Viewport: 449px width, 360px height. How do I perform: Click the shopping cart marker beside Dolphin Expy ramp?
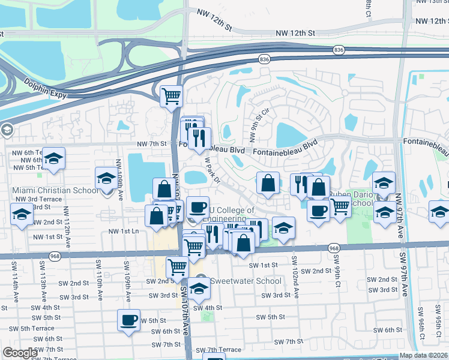171,95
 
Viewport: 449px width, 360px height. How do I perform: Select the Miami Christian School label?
55,191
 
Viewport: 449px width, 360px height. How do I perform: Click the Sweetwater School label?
247,281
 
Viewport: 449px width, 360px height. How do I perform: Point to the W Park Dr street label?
213,171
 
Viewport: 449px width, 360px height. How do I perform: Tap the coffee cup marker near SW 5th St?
128,320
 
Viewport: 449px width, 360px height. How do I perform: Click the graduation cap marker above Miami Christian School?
106,178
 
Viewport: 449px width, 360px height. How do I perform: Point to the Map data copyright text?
424,355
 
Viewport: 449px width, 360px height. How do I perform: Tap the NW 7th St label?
151,144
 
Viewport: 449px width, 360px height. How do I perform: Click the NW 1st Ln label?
124,231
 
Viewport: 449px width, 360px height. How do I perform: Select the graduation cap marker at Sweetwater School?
199,289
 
